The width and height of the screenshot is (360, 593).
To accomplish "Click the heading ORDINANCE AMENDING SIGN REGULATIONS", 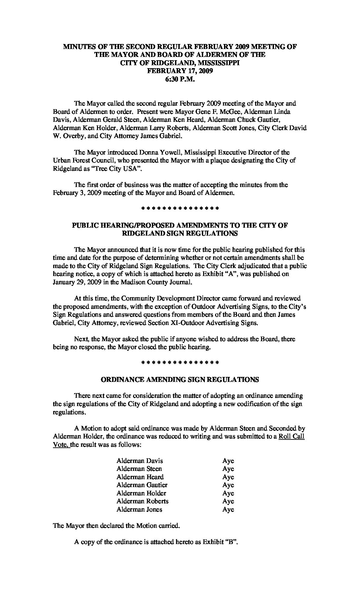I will (x=180, y=380).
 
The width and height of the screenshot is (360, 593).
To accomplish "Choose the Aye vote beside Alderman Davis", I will (x=228, y=461).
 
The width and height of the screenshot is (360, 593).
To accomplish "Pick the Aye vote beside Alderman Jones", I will (x=228, y=510).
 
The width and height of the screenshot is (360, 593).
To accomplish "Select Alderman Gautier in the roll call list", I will (x=142, y=485).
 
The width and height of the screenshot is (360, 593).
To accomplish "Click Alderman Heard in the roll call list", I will (x=140, y=477).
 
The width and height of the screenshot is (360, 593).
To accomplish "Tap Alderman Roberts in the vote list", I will (x=142, y=501).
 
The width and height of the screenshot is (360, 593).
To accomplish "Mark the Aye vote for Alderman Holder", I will (x=228, y=493).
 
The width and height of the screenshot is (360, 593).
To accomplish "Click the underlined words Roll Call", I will (x=292, y=436).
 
